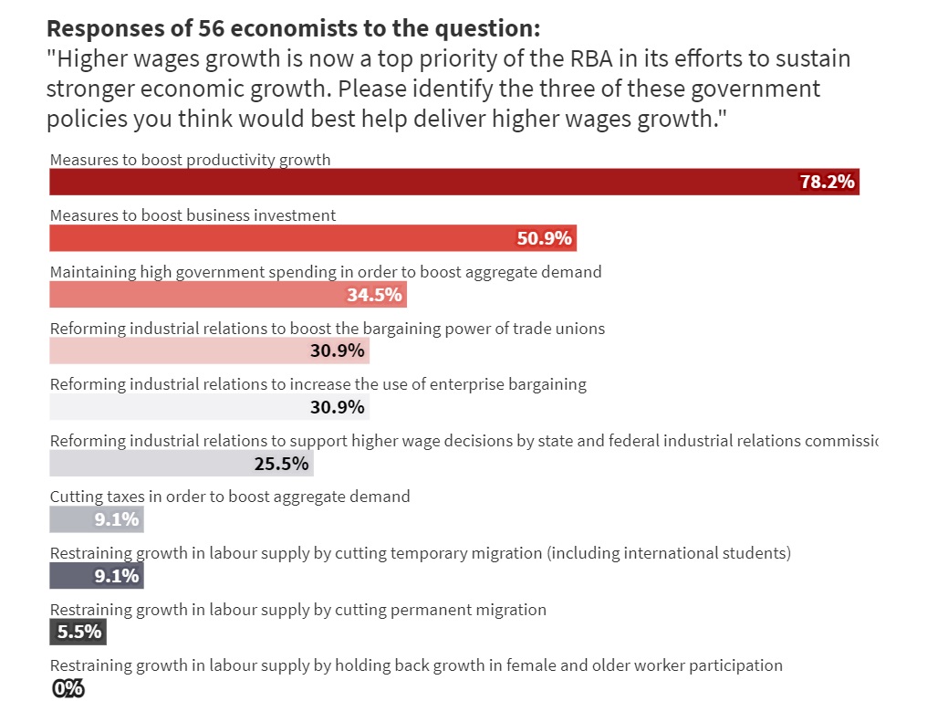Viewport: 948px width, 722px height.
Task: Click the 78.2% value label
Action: [x=827, y=182]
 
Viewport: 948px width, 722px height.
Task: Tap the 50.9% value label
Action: [x=544, y=238]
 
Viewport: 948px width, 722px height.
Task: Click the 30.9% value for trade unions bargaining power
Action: [x=338, y=351]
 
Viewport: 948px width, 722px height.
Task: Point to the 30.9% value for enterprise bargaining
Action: [x=338, y=407]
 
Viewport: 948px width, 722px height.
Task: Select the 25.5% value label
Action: [x=281, y=464]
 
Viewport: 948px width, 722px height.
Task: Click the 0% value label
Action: [x=68, y=689]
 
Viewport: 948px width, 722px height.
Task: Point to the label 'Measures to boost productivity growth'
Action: [x=190, y=160]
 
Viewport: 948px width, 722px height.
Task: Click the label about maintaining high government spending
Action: [x=326, y=272]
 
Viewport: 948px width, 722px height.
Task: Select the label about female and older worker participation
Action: [x=416, y=665]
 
